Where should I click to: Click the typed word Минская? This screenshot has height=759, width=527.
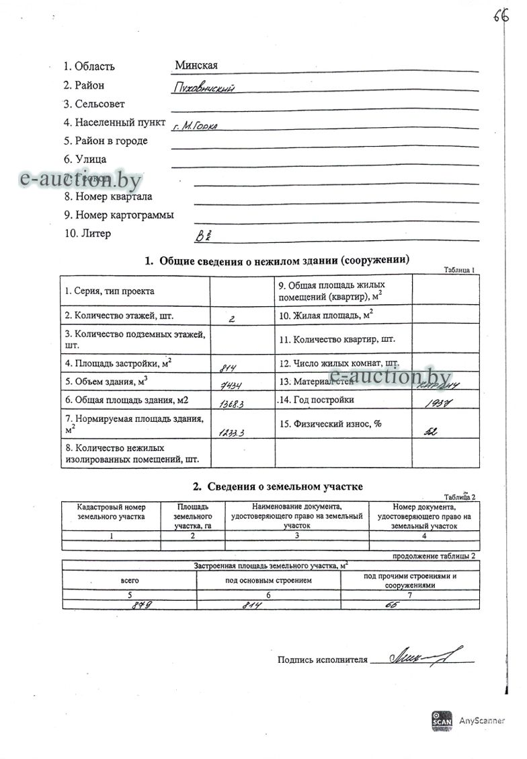point(196,65)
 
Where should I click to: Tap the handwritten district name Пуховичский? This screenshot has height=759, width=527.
point(203,87)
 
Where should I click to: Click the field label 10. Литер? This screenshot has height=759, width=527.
point(87,234)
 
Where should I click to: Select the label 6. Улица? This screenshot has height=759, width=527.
point(85,159)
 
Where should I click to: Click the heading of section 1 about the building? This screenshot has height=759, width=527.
point(277,260)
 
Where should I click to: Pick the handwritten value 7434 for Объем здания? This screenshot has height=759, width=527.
point(231,384)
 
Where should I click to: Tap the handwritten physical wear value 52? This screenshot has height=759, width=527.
point(430,431)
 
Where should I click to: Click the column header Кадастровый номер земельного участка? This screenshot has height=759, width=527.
point(111,512)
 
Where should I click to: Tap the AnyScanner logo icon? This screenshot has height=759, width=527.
point(442,719)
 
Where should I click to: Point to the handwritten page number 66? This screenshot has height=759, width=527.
point(501,16)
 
